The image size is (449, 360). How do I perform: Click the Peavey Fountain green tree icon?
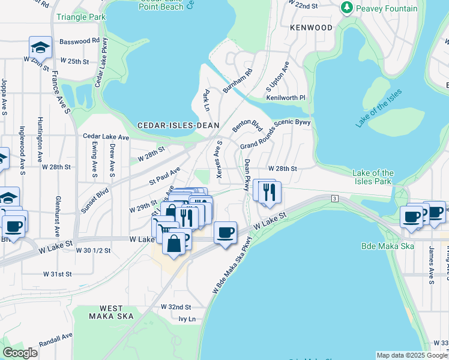[346, 8]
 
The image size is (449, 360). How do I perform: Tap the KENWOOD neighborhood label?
[311, 28]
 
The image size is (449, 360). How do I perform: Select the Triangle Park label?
[80, 17]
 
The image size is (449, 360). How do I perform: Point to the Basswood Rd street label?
[79, 41]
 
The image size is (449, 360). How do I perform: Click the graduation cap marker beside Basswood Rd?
[41, 46]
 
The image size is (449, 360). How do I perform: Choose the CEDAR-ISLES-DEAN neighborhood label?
[178, 125]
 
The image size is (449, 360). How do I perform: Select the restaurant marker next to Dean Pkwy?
[267, 191]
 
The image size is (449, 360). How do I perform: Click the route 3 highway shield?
[334, 197]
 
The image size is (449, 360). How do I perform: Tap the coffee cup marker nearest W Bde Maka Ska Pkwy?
[225, 232]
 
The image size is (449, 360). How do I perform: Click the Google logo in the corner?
[20, 353]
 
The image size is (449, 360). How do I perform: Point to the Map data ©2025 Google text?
[411, 355]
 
